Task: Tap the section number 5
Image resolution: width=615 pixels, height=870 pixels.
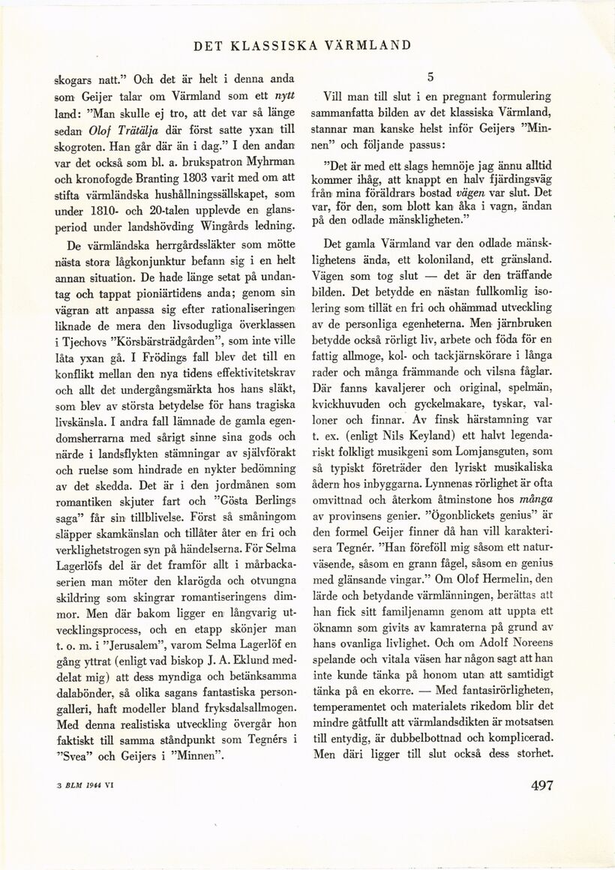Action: [431, 76]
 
